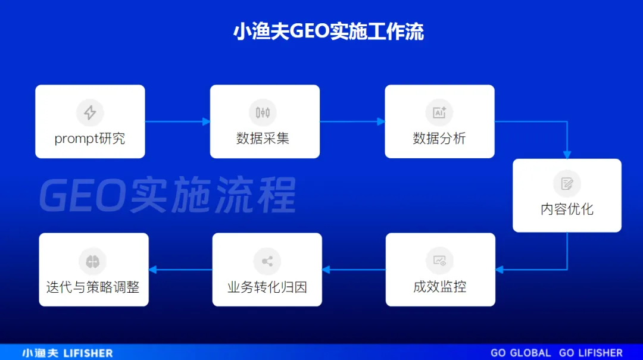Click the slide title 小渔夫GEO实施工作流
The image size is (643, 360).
329,32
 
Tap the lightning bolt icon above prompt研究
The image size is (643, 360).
90,112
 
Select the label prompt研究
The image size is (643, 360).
90,139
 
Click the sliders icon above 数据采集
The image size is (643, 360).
263,112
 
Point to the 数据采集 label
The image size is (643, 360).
263,139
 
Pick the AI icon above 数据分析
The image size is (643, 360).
439,112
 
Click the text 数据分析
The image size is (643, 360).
439,139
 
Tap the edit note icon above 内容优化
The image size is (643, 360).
567,183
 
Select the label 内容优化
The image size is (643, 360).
567,209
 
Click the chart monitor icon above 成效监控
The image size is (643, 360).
439,261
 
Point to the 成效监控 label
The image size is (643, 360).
439,287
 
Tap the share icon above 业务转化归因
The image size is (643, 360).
267,261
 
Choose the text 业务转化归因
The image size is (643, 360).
267,287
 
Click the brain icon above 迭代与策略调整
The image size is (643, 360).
93,261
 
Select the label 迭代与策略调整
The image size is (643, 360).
93,287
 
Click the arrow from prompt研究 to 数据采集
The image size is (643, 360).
177,121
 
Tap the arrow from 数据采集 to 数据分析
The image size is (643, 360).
352,121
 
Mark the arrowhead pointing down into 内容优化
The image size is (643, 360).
567,155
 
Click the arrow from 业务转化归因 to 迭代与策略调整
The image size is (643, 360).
180,270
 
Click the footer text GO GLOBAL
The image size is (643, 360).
521,353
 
